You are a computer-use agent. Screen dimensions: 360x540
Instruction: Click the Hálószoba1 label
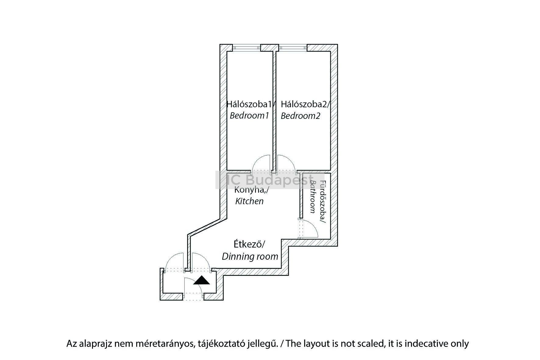tap(249, 105)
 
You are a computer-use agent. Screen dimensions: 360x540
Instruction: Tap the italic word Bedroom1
tap(249, 116)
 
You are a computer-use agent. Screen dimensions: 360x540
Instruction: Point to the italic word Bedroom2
tap(300, 116)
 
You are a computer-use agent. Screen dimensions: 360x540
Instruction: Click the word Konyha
tap(249, 190)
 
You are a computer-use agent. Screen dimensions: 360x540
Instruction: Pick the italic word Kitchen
tap(249, 201)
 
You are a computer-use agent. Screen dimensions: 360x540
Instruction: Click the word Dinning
tap(236, 257)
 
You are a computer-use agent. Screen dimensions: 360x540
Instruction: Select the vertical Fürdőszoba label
tap(323, 202)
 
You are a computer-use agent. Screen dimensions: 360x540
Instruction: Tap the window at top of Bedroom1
tap(247, 48)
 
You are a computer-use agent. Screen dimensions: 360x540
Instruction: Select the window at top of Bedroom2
tap(293, 48)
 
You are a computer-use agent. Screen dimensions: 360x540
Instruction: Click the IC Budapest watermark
tap(270, 180)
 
